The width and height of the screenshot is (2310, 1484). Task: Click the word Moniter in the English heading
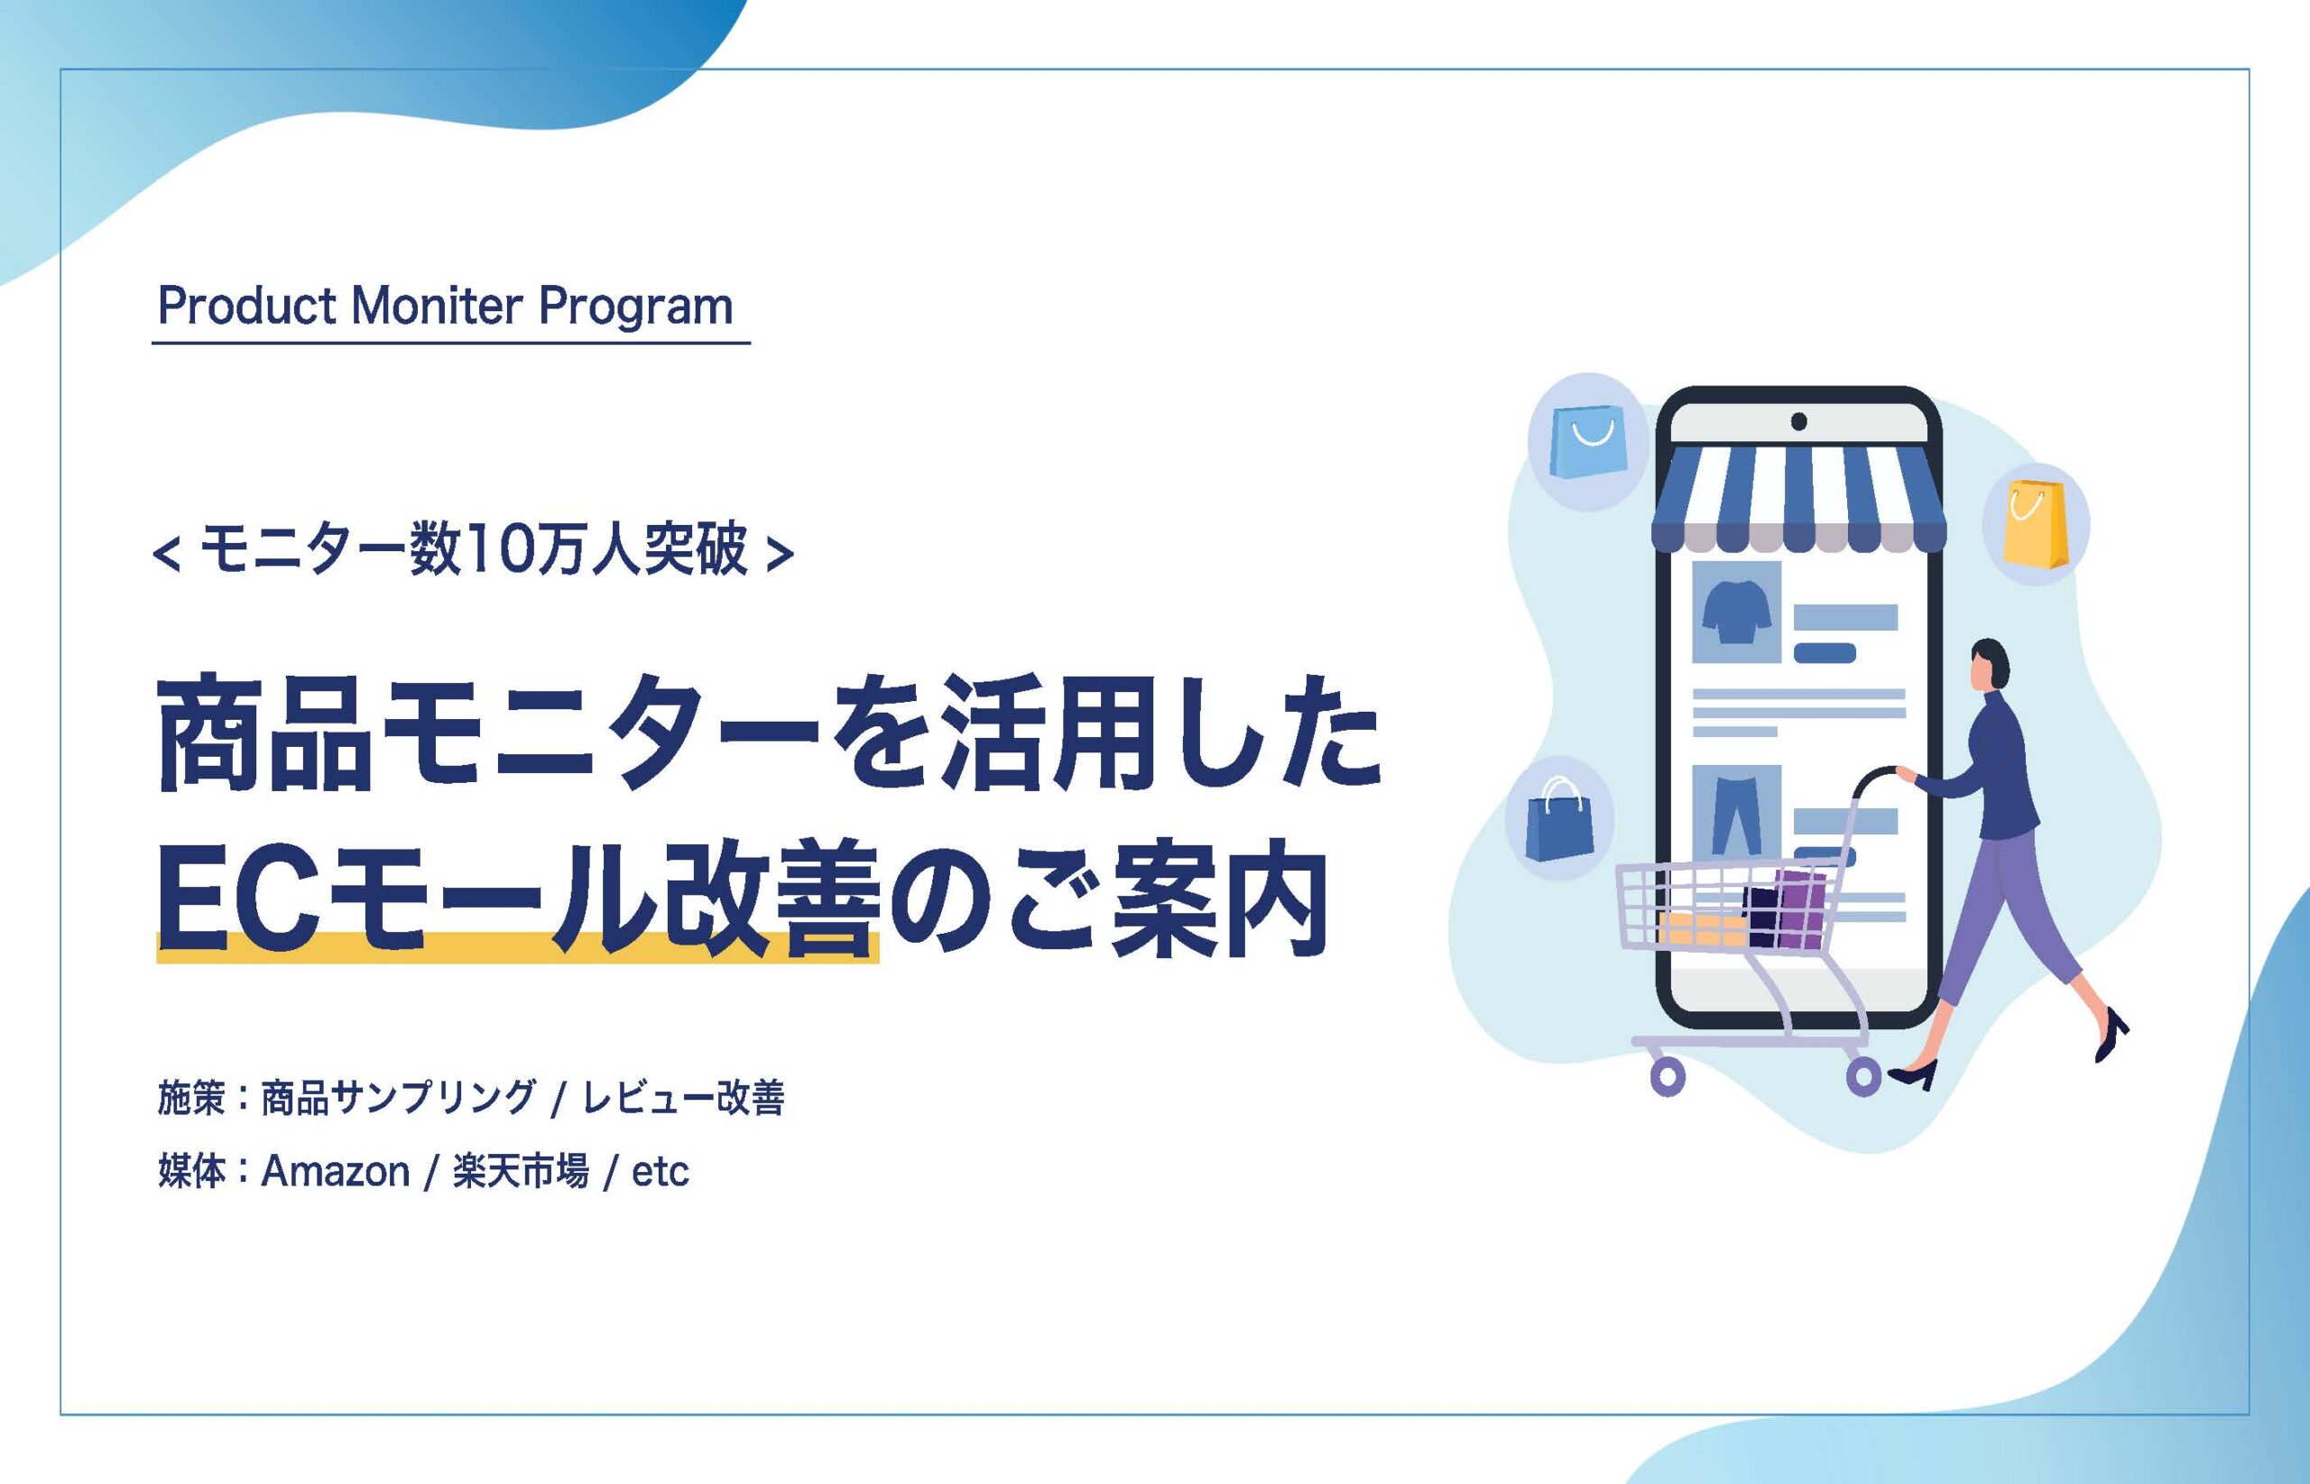point(438,307)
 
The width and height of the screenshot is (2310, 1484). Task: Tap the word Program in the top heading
point(635,309)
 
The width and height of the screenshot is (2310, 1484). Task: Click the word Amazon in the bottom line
point(336,1172)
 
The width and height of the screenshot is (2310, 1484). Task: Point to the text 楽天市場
point(521,1172)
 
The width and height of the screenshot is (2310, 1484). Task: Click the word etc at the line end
point(661,1172)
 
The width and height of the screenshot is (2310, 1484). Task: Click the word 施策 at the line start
point(192,1098)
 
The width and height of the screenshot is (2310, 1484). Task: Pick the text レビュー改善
point(683,1098)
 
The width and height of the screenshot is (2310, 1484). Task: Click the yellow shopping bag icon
point(2035,525)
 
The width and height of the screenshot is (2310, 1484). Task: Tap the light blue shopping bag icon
point(1587,441)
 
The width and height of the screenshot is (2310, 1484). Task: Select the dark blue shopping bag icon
point(1558,820)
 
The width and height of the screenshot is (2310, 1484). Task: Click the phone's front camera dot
point(1798,421)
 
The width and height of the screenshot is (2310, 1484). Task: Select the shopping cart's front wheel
point(1668,1075)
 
